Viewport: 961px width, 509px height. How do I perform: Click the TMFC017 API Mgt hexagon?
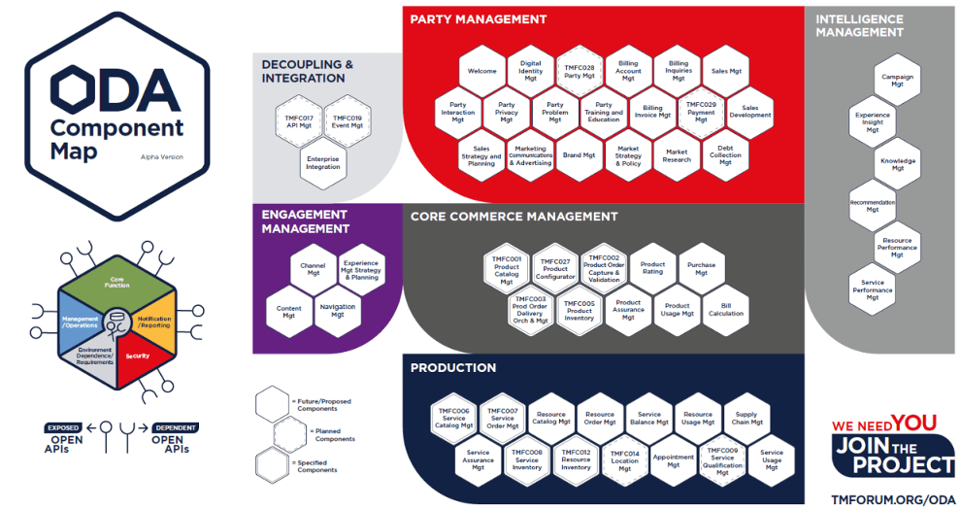(299, 121)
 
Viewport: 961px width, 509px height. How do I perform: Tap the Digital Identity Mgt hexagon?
(531, 70)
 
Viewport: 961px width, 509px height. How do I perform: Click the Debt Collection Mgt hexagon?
(725, 155)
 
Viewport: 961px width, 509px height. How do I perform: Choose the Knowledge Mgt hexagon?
(897, 163)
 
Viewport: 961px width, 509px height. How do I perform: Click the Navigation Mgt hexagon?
(337, 311)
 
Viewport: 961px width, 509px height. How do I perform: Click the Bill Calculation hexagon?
(726, 309)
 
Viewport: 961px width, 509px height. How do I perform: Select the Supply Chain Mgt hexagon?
(746, 419)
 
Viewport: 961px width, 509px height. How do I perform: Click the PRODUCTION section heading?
(453, 368)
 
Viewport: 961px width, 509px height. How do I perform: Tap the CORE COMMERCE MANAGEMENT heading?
(514, 217)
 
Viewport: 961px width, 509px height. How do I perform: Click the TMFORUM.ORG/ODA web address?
(893, 497)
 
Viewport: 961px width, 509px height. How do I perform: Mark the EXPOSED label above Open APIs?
(64, 426)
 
